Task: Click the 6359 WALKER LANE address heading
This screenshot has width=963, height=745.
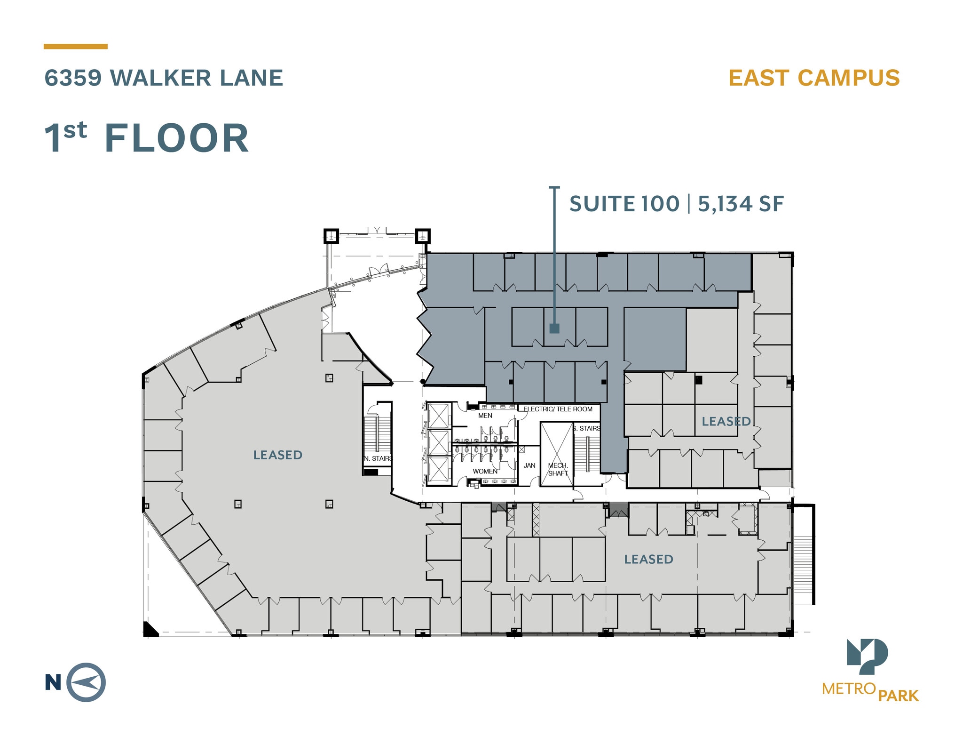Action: [164, 78]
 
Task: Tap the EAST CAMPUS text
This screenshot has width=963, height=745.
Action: [814, 78]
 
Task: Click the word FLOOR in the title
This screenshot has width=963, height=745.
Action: [176, 138]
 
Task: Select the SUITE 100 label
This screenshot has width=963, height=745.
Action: [624, 204]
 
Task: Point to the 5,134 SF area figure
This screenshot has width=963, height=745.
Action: [741, 204]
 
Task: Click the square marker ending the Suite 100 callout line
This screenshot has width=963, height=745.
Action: [554, 328]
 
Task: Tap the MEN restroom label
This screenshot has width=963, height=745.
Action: [485, 416]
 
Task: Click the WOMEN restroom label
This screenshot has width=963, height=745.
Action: [485, 471]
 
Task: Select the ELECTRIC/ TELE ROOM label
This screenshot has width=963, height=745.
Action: [558, 409]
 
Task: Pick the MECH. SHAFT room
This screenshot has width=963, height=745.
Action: [558, 469]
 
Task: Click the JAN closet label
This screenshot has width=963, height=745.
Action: [529, 465]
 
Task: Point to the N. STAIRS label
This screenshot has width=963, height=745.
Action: [378, 458]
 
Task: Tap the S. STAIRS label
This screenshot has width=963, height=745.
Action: [586, 428]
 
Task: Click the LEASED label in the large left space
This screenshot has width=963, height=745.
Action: [277, 455]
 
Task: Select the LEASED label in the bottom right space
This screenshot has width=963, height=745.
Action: [648, 559]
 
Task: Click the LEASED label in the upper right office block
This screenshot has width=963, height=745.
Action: [726, 421]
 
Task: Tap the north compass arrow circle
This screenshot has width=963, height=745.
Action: [86, 682]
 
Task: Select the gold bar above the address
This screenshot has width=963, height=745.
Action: [75, 47]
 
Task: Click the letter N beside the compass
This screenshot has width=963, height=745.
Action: [53, 682]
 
